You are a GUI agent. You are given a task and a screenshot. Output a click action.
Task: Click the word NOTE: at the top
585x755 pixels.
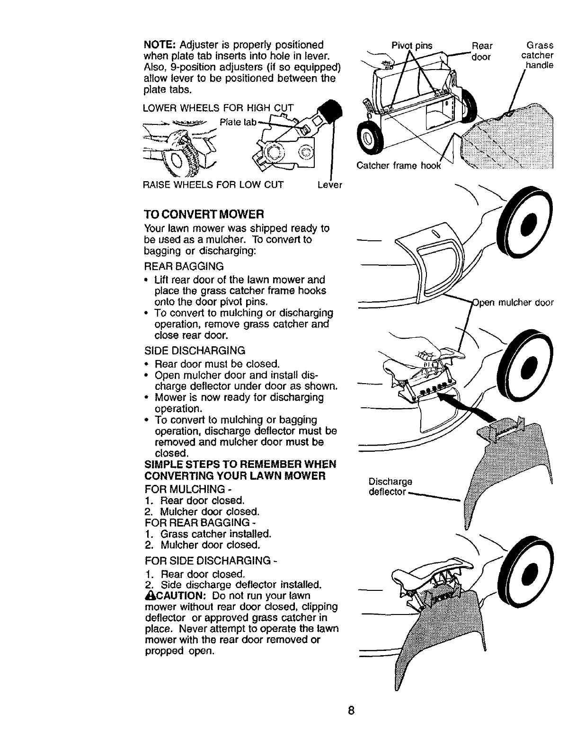click(159, 45)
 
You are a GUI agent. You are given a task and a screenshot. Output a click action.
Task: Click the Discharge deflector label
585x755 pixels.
click(390, 487)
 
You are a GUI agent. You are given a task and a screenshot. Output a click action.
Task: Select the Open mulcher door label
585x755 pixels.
click(513, 303)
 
